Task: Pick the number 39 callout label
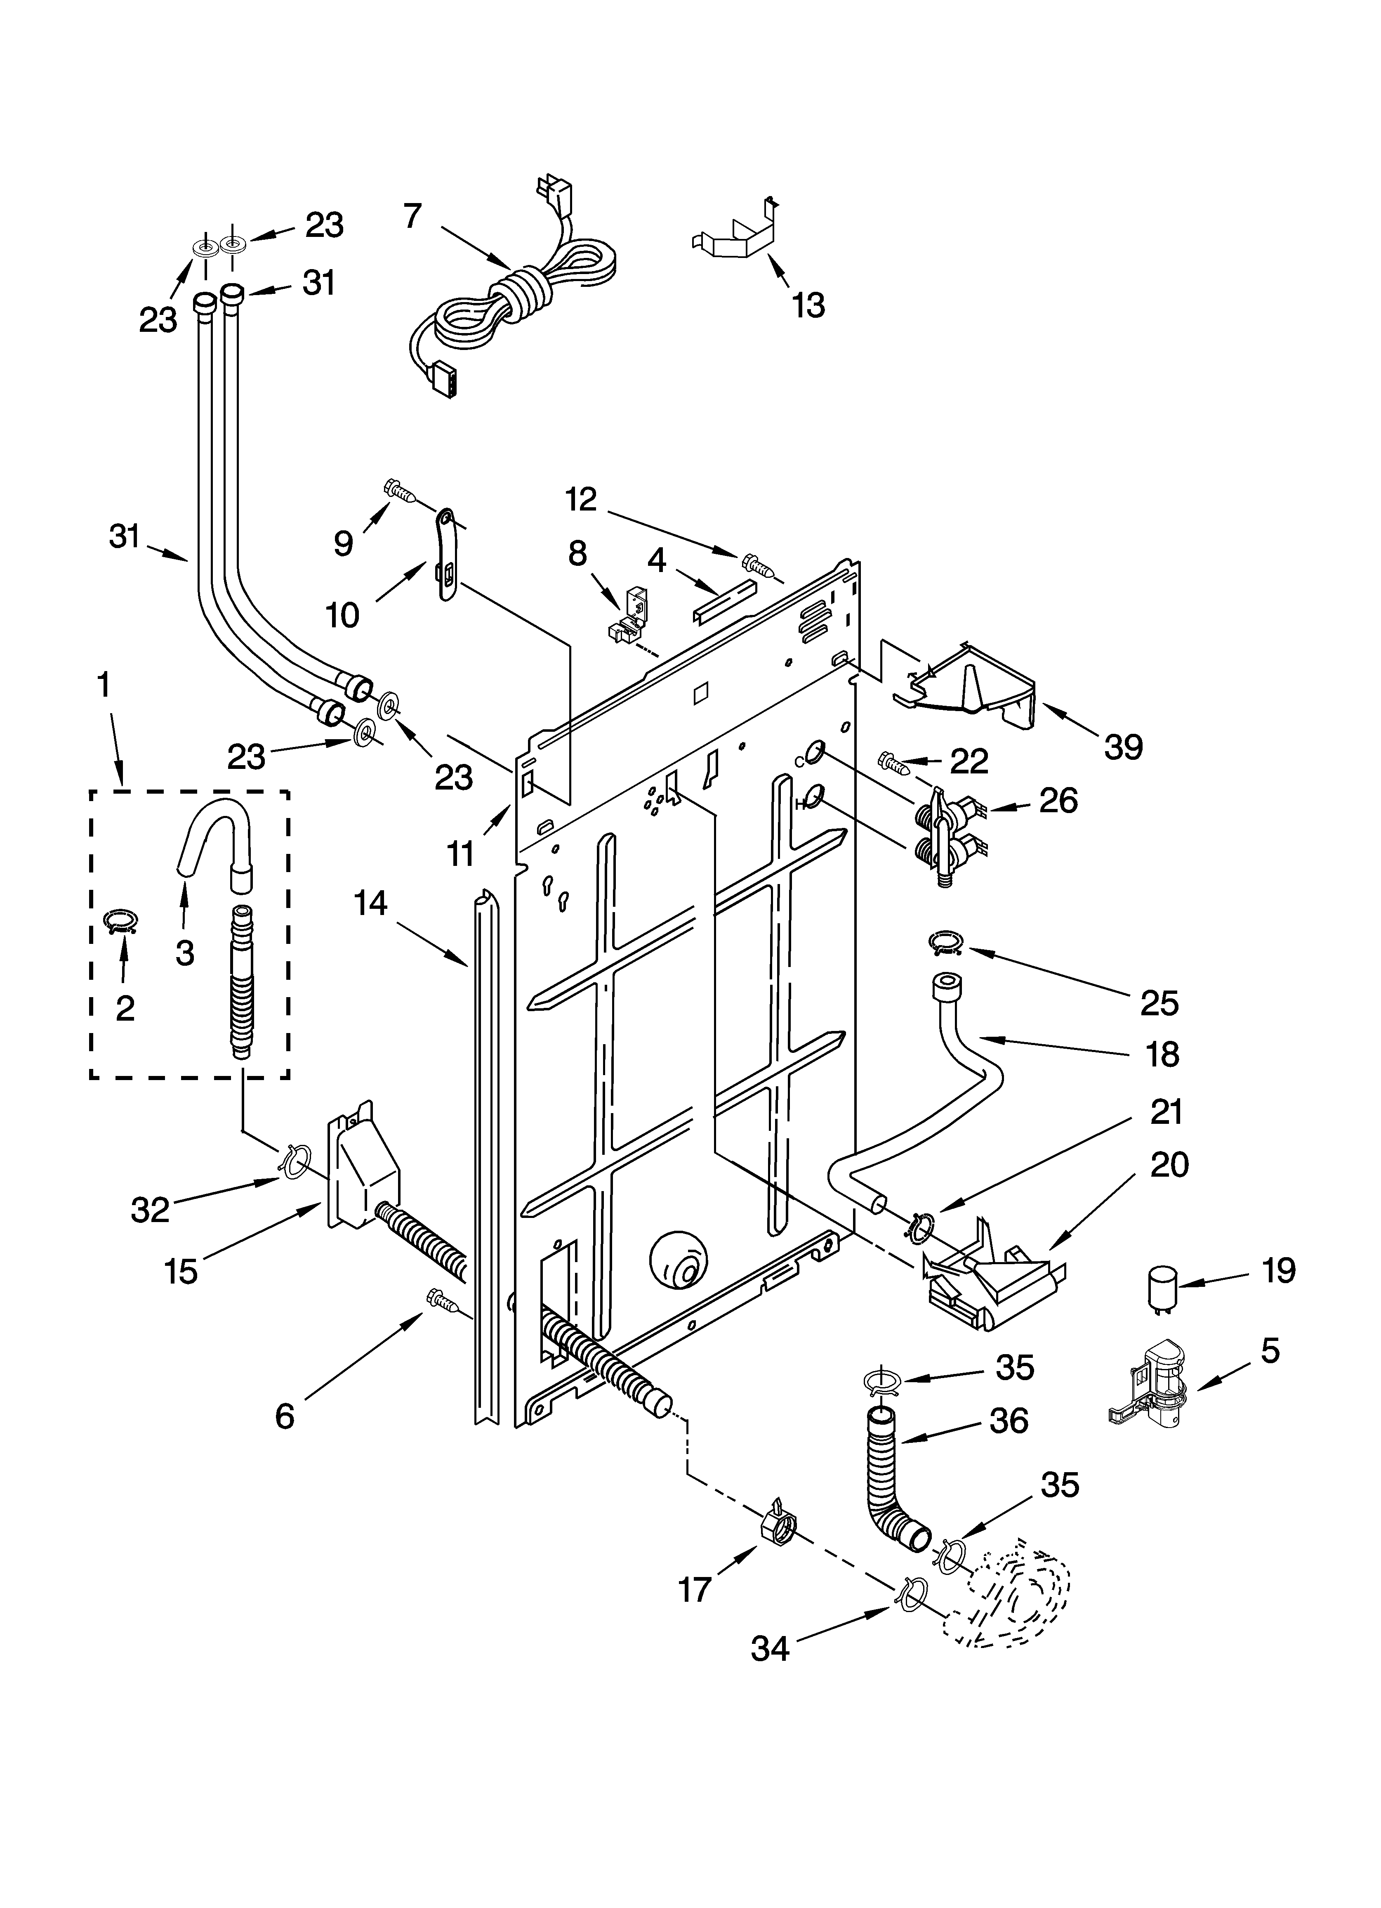click(1124, 747)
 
